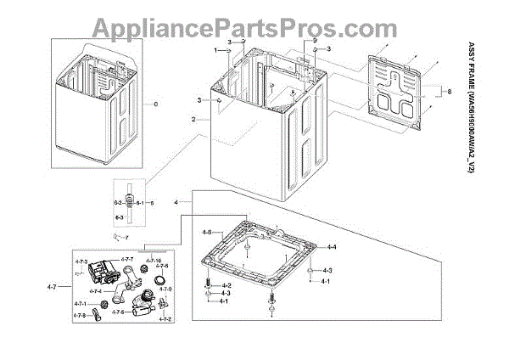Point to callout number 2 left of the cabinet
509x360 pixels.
coord(193,120)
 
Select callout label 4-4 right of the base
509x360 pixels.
coord(333,246)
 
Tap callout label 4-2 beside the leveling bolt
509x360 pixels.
coord(226,284)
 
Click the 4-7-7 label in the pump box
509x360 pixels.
coord(126,258)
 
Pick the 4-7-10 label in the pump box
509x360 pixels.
coord(154,259)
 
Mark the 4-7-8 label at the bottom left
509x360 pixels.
coord(79,315)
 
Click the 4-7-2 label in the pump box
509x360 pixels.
coord(164,318)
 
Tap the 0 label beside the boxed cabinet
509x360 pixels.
coord(155,104)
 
